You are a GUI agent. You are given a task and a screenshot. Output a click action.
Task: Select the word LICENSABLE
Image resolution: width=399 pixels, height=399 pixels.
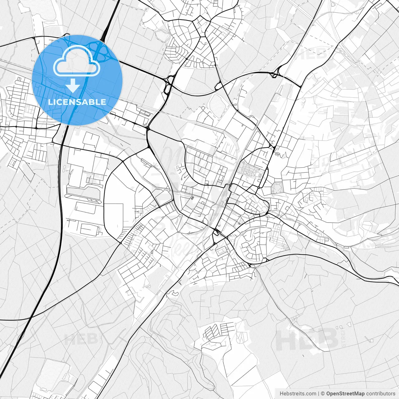pos(77,102)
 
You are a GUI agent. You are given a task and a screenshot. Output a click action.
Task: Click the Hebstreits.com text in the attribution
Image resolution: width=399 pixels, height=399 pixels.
pos(298,393)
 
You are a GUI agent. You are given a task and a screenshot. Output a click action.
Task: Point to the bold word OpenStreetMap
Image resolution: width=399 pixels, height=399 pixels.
pos(345,393)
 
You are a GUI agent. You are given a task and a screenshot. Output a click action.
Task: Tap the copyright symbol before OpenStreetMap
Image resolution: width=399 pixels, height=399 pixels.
pos(323,393)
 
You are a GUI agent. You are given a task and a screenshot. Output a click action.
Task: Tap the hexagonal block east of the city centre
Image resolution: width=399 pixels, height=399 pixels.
pos(276,188)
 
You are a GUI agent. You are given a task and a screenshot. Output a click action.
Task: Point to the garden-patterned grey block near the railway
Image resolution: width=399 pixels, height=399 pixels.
pos(248,170)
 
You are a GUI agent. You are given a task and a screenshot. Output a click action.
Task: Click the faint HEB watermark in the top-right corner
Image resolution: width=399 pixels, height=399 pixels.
pos(312,53)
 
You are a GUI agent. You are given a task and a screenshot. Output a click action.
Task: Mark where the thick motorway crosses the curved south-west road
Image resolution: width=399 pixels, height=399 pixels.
pos(31,318)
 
